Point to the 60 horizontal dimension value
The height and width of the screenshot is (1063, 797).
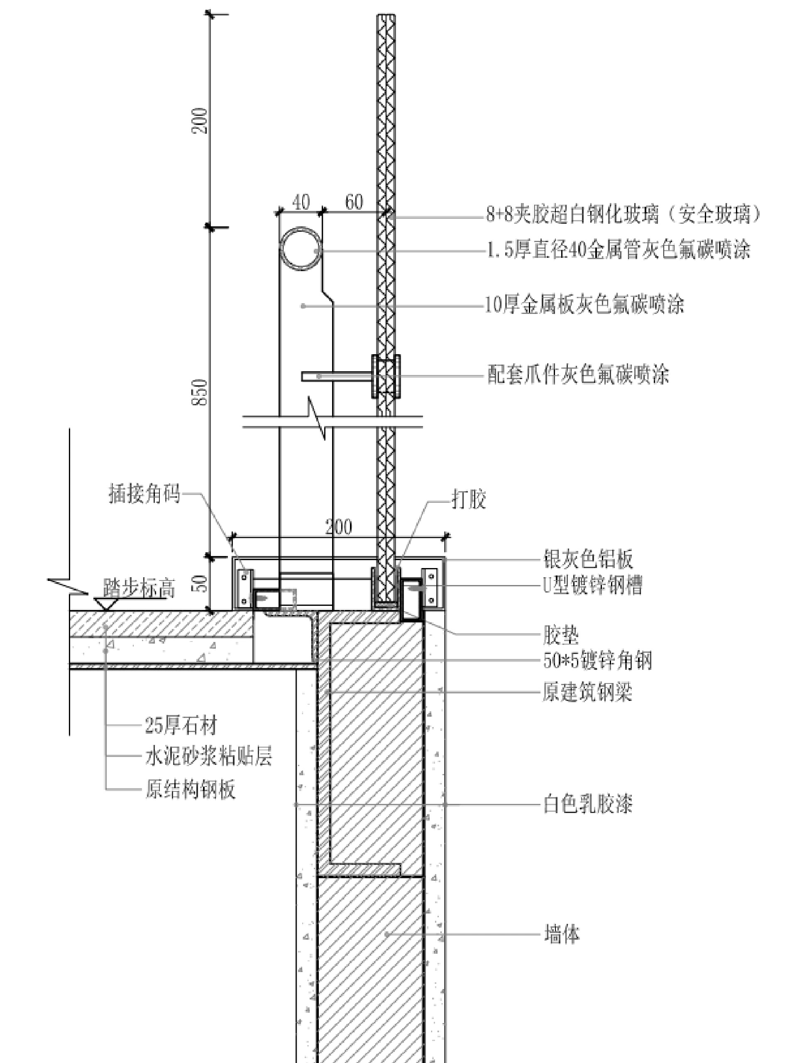[x=354, y=202]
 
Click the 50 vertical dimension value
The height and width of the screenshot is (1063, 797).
[x=201, y=583]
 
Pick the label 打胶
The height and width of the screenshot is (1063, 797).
[x=468, y=500]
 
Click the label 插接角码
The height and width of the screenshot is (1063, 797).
[x=144, y=494]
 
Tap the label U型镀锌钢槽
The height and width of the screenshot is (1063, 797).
[x=592, y=585]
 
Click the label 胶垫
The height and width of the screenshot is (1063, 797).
[x=561, y=635]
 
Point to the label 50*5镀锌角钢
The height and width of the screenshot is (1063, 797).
[x=598, y=661]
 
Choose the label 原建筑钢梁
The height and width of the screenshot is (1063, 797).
[x=587, y=693]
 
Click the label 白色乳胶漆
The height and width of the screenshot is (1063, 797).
[x=587, y=804]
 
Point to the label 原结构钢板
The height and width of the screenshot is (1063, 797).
[x=190, y=789]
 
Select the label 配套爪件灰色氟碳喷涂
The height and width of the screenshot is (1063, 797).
[x=578, y=375]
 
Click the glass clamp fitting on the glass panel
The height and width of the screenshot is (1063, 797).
[x=386, y=376]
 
